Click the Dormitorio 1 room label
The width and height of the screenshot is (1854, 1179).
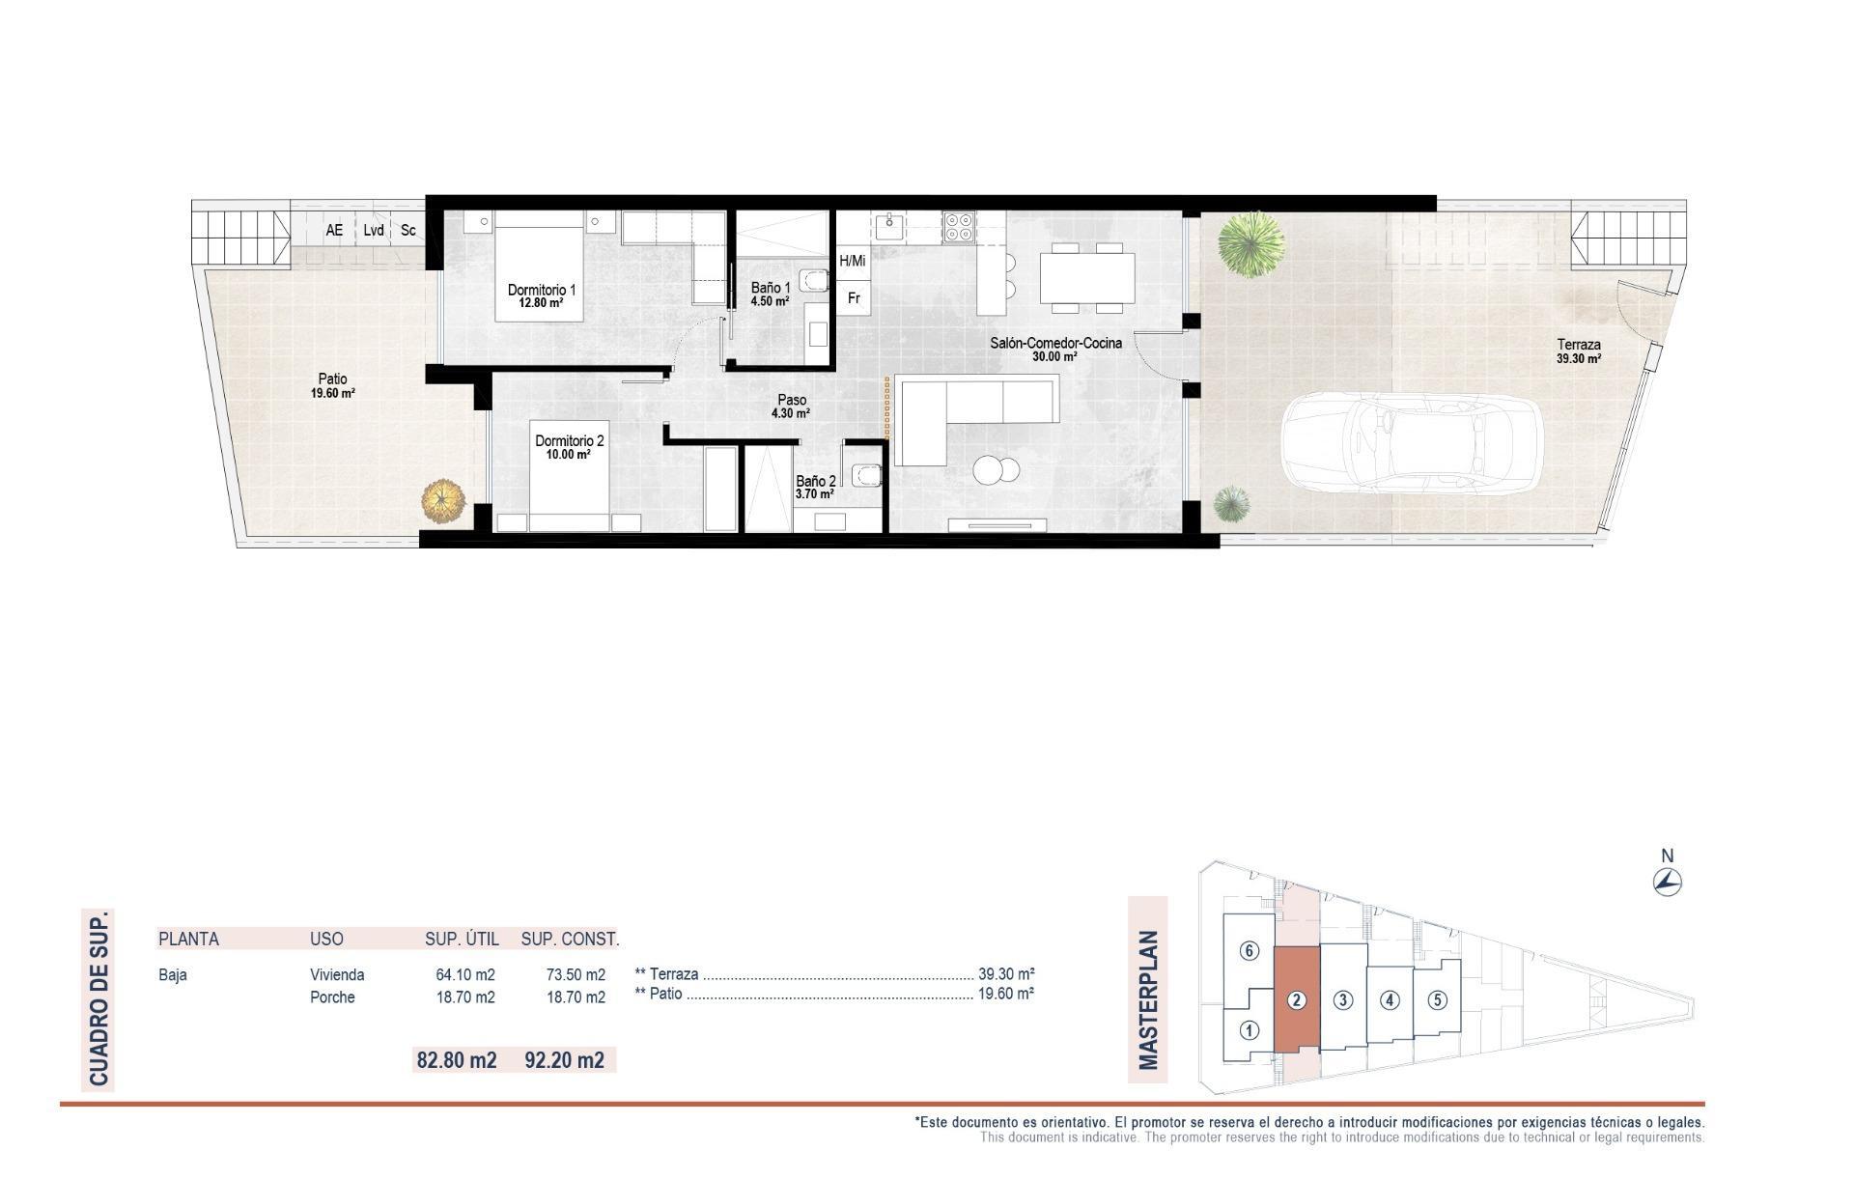(x=542, y=290)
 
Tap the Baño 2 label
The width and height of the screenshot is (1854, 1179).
(x=815, y=481)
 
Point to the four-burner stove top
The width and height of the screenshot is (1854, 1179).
(x=959, y=226)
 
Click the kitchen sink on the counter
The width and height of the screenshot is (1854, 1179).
(x=888, y=227)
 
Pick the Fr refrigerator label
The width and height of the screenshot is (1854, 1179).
(x=854, y=298)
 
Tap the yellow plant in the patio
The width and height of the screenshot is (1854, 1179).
(x=443, y=501)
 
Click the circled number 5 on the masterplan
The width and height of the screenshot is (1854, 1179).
(x=1437, y=999)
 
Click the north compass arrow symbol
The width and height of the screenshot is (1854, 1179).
(x=1668, y=881)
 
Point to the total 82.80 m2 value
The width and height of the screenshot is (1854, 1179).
(x=456, y=1060)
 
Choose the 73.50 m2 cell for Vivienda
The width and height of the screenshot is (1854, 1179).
(x=576, y=974)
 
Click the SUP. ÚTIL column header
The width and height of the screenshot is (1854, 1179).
(x=462, y=939)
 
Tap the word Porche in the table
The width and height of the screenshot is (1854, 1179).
(x=332, y=997)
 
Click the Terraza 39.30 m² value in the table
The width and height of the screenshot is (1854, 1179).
(x=1006, y=974)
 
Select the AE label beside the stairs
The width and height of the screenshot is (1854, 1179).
(x=334, y=231)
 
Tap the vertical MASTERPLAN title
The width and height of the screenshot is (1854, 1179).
(x=1148, y=999)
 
